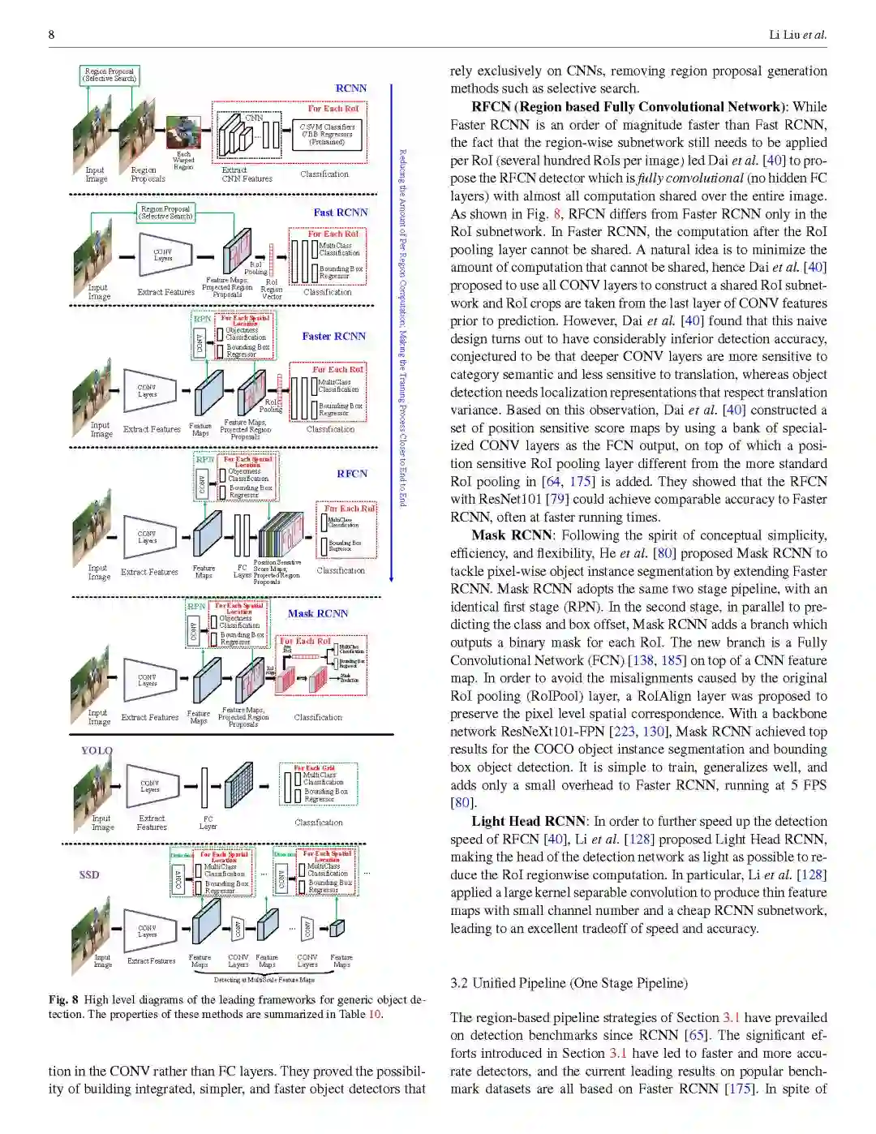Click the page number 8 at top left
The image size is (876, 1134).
coord(52,35)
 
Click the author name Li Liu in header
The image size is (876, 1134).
coord(784,35)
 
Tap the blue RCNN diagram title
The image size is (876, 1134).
coord(351,88)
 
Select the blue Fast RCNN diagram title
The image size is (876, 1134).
coord(341,213)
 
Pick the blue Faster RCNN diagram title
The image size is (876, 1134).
coord(333,336)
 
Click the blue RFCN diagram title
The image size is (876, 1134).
coord(352,474)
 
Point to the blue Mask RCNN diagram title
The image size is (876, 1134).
coord(318,613)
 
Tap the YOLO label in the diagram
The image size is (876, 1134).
coord(97,750)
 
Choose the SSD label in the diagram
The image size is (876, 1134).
coord(89,874)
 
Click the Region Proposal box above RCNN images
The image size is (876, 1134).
coord(109,75)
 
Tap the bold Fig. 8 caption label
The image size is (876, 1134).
coord(63,999)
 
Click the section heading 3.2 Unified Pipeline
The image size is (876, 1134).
coord(569,983)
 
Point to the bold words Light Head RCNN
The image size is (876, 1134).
coord(529,821)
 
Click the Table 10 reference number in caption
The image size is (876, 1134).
coord(374,1014)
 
